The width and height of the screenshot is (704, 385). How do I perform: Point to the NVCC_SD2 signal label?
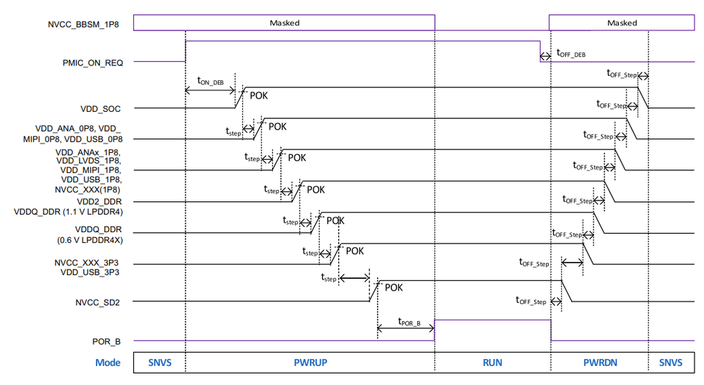pyautogui.click(x=99, y=303)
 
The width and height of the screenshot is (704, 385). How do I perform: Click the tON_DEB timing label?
pyautogui.click(x=210, y=80)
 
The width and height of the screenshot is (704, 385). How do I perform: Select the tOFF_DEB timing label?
pyautogui.click(x=571, y=52)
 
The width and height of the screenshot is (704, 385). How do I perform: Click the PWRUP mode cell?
pyautogui.click(x=310, y=363)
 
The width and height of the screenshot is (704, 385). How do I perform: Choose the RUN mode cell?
pyautogui.click(x=492, y=363)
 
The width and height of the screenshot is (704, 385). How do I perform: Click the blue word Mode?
pyautogui.click(x=109, y=363)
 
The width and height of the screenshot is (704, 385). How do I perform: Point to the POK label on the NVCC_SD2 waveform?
pyautogui.click(x=393, y=287)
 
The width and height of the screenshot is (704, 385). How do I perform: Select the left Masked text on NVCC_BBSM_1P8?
pyautogui.click(x=285, y=23)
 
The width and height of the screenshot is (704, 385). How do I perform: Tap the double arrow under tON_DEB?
pyautogui.click(x=210, y=90)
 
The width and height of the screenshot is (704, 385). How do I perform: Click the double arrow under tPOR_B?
pyautogui.click(x=406, y=329)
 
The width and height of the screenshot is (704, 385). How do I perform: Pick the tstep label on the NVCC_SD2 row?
pyautogui.click(x=328, y=279)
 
